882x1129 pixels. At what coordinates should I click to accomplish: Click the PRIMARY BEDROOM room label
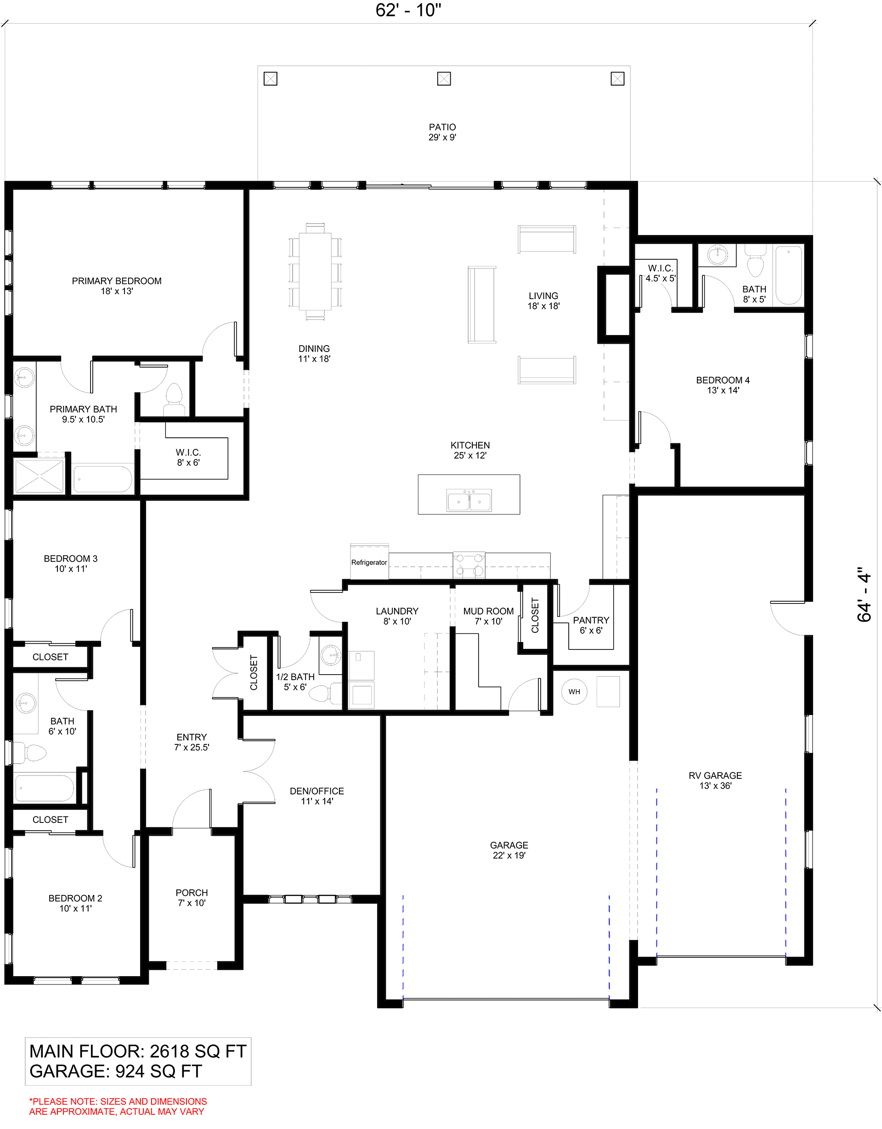tap(116, 286)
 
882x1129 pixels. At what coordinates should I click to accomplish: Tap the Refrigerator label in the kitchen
tap(369, 562)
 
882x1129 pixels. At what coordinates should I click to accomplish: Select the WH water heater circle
tap(574, 692)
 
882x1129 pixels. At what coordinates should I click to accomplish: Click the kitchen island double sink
tap(469, 500)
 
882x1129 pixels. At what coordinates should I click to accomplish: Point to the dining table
tap(315, 271)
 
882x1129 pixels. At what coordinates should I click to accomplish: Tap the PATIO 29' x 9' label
tap(442, 132)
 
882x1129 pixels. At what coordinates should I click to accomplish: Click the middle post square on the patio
tap(444, 78)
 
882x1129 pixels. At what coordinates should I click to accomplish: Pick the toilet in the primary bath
tap(174, 399)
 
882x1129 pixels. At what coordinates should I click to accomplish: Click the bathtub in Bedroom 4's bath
tap(789, 275)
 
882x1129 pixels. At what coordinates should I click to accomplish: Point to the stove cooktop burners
tap(469, 564)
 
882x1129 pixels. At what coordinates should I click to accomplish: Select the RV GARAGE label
tap(715, 781)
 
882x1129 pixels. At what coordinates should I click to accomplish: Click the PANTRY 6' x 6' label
tap(591, 625)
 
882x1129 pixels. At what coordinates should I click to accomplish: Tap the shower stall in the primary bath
tap(40, 475)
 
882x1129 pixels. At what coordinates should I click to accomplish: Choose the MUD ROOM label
tap(488, 616)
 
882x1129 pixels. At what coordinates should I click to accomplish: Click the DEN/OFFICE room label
tap(317, 796)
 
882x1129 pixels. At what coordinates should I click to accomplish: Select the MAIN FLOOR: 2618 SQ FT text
tap(138, 1051)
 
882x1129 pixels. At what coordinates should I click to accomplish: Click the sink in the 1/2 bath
tap(331, 655)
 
